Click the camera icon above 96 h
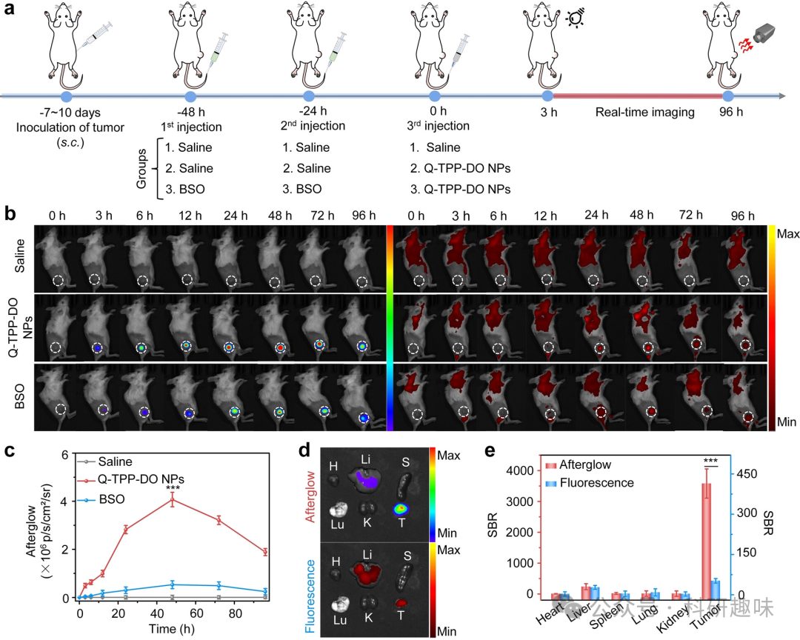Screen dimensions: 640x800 pyautogui.click(x=764, y=32)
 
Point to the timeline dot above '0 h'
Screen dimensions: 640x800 pyautogui.click(x=438, y=96)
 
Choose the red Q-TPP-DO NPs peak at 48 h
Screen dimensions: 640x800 pyautogui.click(x=173, y=500)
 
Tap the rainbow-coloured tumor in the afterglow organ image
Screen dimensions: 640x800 pyautogui.click(x=401, y=508)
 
